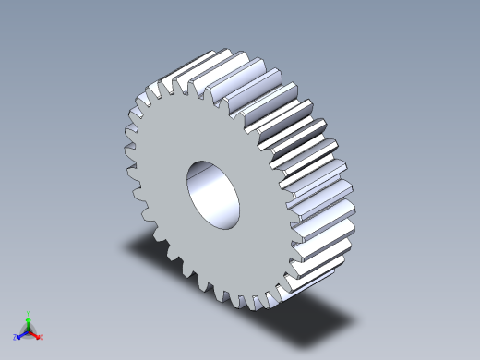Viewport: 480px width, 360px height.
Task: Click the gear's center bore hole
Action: click(x=214, y=193)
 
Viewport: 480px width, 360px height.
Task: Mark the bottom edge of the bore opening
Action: click(x=222, y=226)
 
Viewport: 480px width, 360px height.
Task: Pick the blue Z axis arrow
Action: click(x=20, y=334)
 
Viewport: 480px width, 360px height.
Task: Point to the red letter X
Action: click(x=42, y=337)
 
